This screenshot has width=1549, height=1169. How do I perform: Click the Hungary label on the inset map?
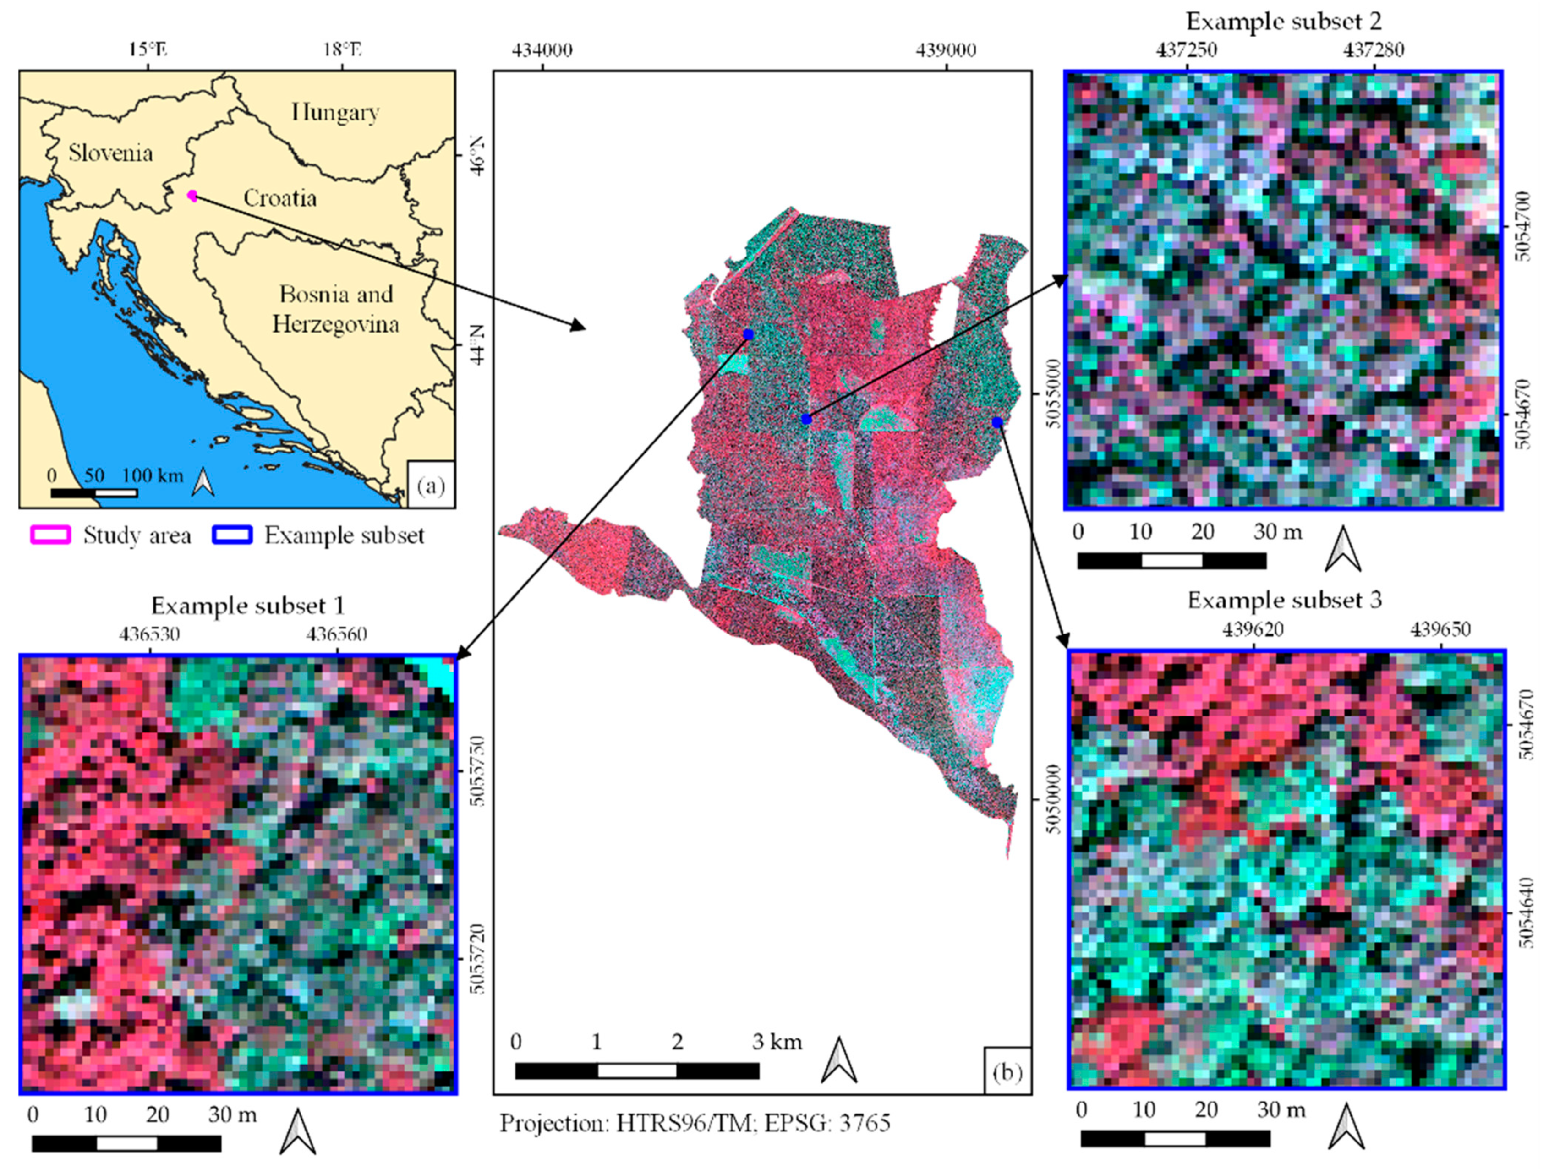335,112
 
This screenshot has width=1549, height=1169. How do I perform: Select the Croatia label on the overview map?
279,198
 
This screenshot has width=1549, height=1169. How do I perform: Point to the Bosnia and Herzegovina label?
336,309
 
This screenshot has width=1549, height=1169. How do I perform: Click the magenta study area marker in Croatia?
192,196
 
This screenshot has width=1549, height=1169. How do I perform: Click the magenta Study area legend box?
50,535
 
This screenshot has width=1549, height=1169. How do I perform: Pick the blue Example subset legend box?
230,535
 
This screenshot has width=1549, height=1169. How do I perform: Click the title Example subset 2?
1284,22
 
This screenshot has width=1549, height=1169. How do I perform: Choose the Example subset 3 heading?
1285,600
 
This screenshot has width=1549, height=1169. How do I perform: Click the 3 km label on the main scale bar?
777,1042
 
